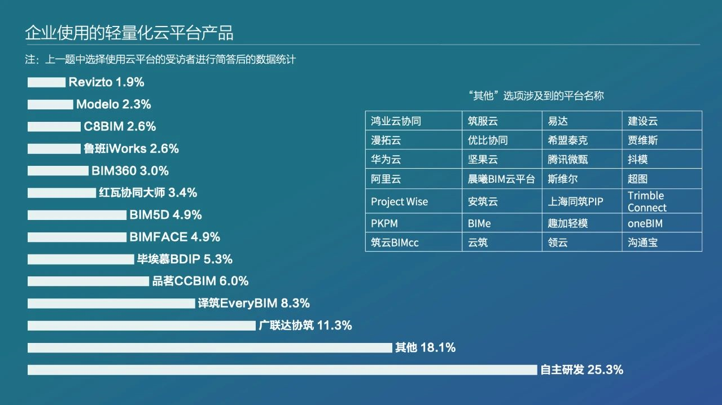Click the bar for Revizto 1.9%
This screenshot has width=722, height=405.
46,82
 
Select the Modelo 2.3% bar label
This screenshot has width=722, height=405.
113,104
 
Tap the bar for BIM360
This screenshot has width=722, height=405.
58,171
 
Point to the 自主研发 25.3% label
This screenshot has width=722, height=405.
582,369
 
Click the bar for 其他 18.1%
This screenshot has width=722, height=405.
210,347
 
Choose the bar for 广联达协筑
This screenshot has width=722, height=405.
142,325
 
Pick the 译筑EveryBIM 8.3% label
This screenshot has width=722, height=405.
253,303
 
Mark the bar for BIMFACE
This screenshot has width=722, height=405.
77,237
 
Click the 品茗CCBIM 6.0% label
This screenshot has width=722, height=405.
200,281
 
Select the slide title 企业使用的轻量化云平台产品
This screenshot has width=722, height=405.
129,33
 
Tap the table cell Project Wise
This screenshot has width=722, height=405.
414,201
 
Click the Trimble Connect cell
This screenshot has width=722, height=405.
662,201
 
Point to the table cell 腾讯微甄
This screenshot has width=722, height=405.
582,159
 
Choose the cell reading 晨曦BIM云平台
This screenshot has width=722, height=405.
502,178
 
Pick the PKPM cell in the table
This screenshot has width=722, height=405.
414,223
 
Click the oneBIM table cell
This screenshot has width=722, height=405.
662,223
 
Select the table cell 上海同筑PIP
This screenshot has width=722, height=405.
582,201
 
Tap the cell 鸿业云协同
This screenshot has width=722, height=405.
414,121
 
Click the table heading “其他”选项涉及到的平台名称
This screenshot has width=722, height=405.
536,96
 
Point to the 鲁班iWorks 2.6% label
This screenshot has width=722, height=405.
131,148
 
